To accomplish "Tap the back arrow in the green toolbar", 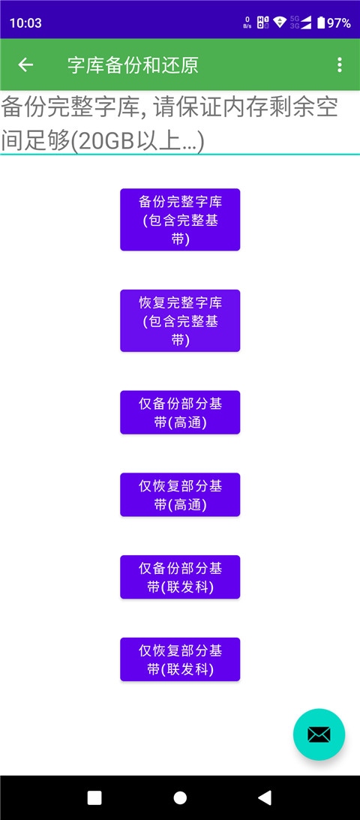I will pos(25,65).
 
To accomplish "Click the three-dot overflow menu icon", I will pos(340,65).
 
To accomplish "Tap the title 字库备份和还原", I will pos(133,65).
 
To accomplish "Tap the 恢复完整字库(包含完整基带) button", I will pos(180,320).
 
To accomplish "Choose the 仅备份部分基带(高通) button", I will pos(180,412).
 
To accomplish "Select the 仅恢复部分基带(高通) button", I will pos(180,494).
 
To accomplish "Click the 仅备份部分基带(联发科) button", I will pos(180,577).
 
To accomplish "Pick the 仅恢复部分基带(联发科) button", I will pos(180,659).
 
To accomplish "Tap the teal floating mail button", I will pos(319,734).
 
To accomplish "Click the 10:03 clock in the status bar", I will pos(25,23).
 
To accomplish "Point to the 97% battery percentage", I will pos(339,23).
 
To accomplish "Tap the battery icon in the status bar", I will pos(321,23).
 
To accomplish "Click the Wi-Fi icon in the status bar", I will pos(280,23).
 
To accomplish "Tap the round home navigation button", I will pos(180,797).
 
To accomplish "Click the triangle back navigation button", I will pos(265,797).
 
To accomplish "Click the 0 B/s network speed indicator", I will pos(247,23).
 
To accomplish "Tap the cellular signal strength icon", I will pos(305,23).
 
